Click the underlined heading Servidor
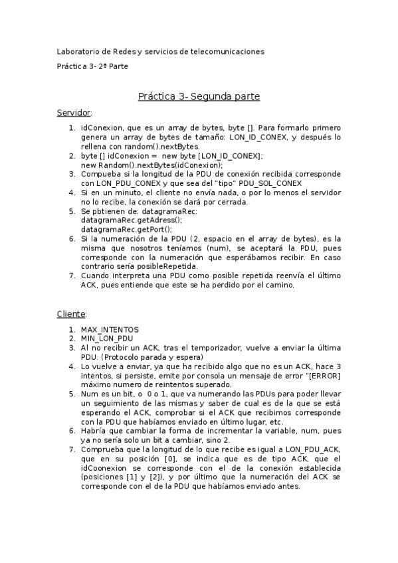[74, 113]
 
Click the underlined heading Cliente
[71, 314]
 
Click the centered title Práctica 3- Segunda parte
[199, 96]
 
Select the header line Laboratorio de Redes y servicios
[160, 51]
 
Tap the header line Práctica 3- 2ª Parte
[92, 66]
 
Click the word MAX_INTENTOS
[110, 329]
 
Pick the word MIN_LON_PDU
[107, 338]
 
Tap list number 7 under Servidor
[72, 275]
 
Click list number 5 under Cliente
[72, 394]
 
